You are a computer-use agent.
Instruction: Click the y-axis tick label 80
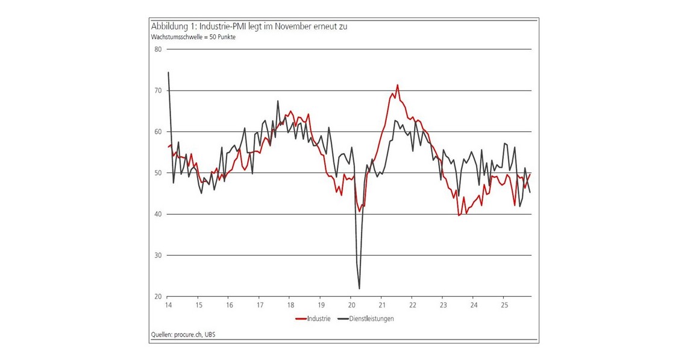158,49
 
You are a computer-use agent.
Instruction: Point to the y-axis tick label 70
158,90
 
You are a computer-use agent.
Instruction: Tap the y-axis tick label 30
158,256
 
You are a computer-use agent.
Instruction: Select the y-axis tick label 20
158,297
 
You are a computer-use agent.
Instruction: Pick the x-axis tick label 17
259,305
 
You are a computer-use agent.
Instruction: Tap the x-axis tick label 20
351,305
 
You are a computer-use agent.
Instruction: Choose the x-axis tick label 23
442,305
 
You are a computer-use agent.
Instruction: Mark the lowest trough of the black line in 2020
359,288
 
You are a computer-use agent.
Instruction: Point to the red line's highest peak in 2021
397,85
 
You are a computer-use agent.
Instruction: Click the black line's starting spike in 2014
168,72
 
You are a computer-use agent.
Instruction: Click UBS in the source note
210,335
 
